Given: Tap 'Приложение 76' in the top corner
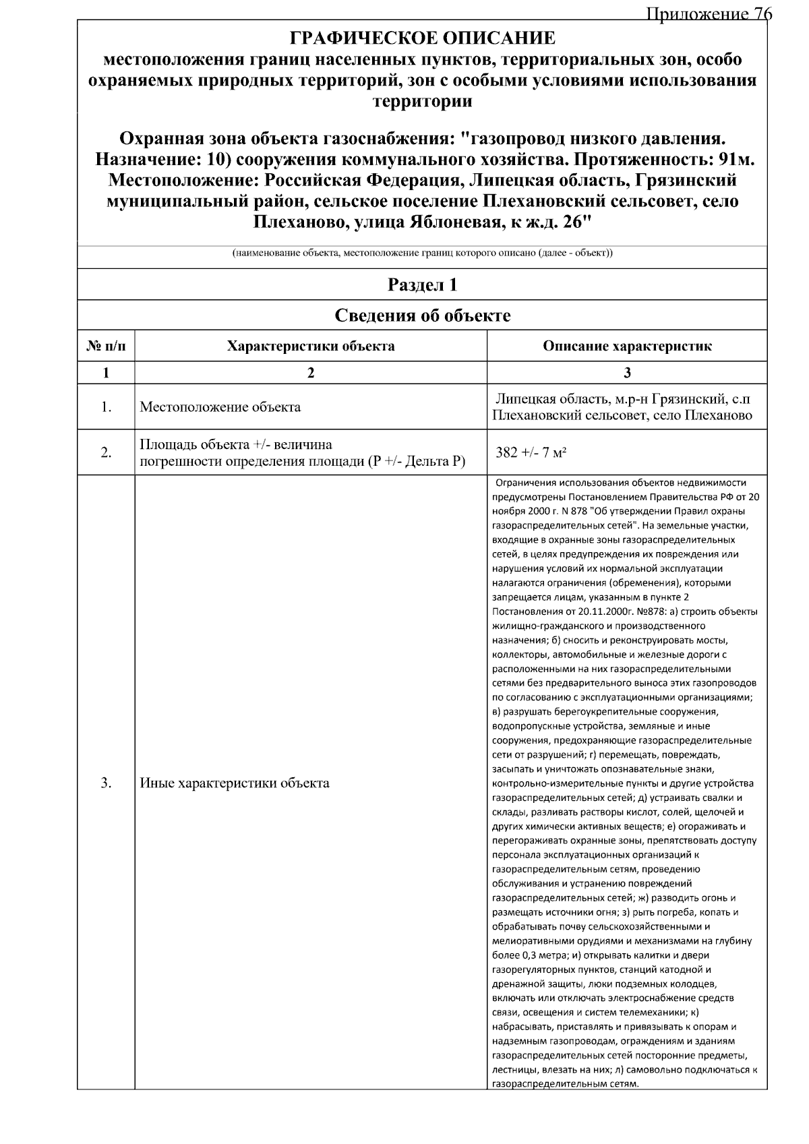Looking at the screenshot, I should (707, 14).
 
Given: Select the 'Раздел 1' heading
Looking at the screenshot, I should (423, 284).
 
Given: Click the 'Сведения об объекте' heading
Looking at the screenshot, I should (423, 315).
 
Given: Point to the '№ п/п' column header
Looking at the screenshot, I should (106, 347).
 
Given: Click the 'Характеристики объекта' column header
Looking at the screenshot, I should (311, 347).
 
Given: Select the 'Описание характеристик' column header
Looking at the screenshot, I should (627, 347).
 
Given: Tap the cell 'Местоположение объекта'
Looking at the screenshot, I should (220, 407).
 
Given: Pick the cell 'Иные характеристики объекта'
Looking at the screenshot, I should (235, 783).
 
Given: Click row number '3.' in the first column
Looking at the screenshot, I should (106, 783).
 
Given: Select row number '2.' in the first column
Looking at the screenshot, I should (106, 452).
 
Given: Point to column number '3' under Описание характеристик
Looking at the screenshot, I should (627, 373).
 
